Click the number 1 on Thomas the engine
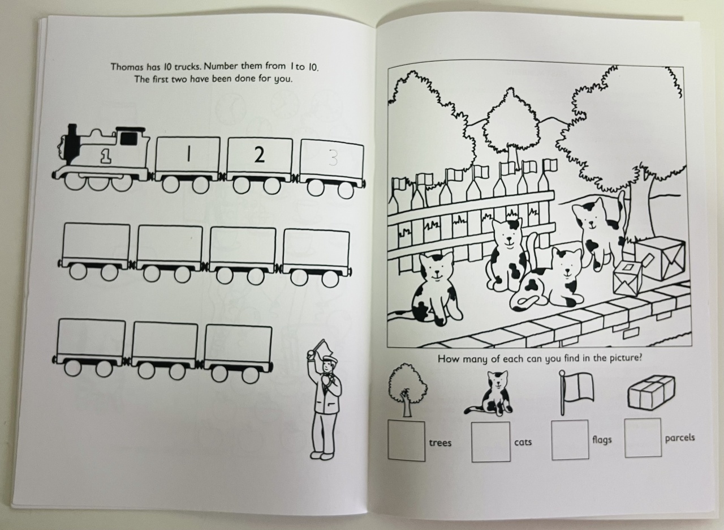pos(106,157)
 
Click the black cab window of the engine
pos(128,139)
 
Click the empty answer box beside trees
pos(406,441)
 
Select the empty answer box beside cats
pos(490,441)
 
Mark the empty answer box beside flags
pos(570,440)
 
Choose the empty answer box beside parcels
pos(643,438)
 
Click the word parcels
pos(680,438)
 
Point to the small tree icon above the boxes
pos(407,390)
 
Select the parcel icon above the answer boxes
pos(651,392)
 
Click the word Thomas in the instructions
pos(127,67)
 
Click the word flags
pos(602,440)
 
